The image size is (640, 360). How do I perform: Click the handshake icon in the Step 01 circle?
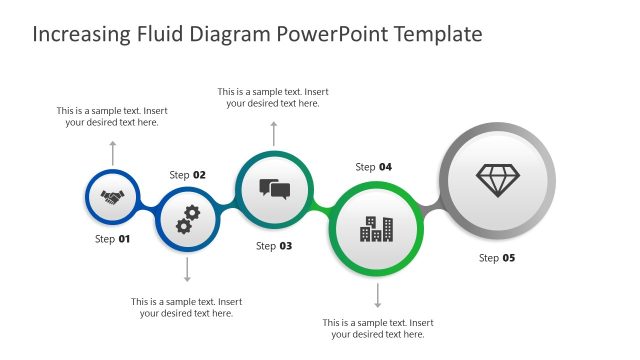[x=112, y=198]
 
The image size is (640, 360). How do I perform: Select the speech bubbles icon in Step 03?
[x=274, y=189]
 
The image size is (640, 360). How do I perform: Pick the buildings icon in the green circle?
[x=377, y=229]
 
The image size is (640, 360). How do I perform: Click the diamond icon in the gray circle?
[x=497, y=180]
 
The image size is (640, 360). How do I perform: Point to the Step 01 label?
[x=112, y=239]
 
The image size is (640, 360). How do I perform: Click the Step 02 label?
[x=187, y=175]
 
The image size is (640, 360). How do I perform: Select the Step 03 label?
[x=274, y=246]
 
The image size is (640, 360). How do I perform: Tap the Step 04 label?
[x=373, y=167]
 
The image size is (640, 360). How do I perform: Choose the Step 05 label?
[x=497, y=258]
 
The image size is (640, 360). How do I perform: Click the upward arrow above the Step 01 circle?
[x=112, y=152]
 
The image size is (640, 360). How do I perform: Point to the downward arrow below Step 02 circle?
[x=187, y=270]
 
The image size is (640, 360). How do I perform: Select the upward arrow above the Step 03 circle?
[x=274, y=132]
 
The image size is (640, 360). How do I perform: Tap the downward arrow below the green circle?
[x=377, y=295]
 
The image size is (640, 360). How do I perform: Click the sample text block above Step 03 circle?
[x=273, y=97]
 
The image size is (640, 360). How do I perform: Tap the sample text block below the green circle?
[x=378, y=328]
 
